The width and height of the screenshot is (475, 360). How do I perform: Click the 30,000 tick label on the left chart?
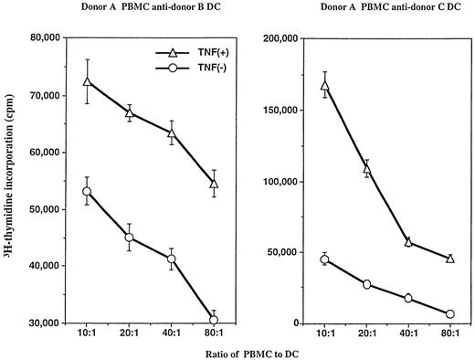pyautogui.click(x=37, y=323)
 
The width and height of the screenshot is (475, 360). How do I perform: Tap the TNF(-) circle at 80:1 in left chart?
pyautogui.click(x=214, y=319)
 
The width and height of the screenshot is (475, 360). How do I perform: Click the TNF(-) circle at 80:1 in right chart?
pyautogui.click(x=449, y=313)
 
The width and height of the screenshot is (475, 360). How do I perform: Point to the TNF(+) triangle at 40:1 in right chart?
pyautogui.click(x=408, y=241)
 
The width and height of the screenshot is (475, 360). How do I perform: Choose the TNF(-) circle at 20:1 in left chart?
pyautogui.click(x=129, y=238)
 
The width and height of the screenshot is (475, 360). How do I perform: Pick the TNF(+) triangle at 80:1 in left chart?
pyautogui.click(x=214, y=184)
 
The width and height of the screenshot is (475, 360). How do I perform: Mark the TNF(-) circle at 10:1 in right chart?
pyautogui.click(x=325, y=259)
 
